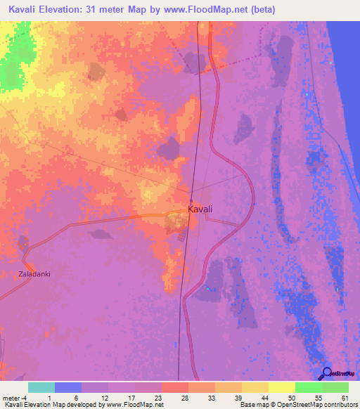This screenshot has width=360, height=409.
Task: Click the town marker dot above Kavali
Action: tap(191, 195)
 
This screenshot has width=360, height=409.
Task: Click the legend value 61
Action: tap(345, 397)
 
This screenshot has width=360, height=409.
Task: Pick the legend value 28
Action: tap(184, 397)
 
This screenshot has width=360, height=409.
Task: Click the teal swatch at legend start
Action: tap(41, 387)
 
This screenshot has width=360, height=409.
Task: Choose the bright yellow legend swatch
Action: tap(282, 387)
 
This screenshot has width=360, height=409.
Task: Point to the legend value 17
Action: tap(131, 397)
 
